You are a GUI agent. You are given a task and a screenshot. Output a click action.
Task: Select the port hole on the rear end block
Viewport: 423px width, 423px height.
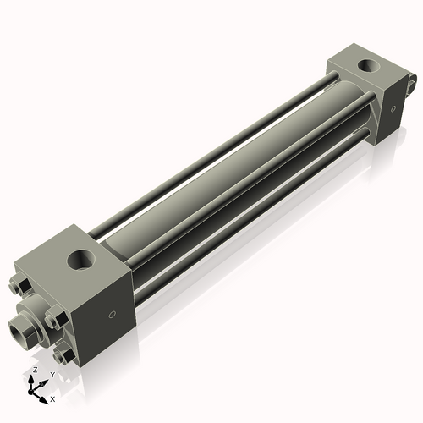point(367,64)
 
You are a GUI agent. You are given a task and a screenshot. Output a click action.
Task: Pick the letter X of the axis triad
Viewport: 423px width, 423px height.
point(52,398)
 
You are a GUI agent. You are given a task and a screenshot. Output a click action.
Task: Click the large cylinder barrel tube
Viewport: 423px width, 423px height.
point(228,178)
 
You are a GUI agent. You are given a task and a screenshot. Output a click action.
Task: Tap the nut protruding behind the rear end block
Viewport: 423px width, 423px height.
point(412,84)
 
